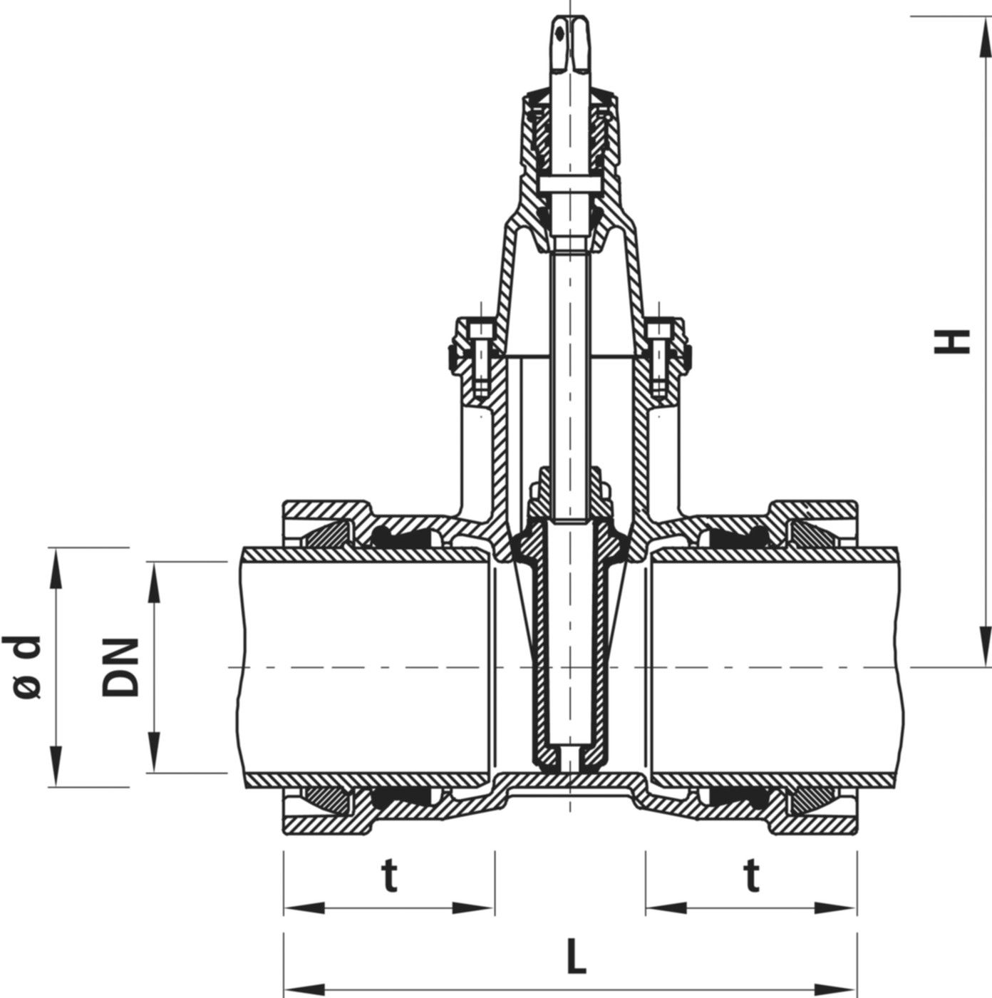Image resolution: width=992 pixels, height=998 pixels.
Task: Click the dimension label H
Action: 951,341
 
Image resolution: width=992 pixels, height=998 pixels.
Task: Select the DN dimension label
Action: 120,667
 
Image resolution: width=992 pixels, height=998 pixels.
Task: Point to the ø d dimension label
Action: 22,667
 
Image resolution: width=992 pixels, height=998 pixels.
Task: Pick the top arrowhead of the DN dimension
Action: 154,582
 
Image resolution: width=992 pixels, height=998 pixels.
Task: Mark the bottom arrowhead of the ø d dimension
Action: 56,767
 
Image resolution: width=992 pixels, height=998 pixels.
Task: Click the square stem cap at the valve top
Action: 569,44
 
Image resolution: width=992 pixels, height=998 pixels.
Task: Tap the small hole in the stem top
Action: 559,35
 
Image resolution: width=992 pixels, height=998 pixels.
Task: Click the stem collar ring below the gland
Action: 569,184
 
